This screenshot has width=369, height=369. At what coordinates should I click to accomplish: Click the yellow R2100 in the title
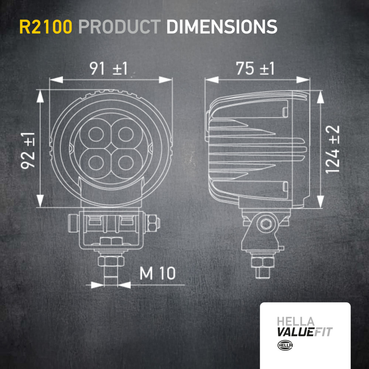click(46, 27)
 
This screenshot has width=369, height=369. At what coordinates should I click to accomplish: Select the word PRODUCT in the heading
click(120, 27)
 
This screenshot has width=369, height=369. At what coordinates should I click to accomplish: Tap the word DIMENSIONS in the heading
click(222, 27)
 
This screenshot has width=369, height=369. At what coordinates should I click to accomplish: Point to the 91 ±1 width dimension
click(108, 69)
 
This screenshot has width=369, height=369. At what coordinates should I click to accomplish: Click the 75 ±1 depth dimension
click(255, 69)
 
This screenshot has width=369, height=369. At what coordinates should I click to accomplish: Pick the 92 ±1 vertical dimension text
click(28, 151)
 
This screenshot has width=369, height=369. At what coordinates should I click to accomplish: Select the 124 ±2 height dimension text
click(332, 149)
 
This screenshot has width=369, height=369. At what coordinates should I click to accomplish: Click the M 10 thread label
click(158, 273)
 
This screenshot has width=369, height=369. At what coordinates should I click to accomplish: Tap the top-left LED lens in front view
click(96, 134)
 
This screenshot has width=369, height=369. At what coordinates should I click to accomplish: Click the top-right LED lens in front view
click(126, 134)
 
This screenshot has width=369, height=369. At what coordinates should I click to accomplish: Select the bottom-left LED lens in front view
click(96, 163)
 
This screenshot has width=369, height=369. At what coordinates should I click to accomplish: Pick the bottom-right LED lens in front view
click(126, 163)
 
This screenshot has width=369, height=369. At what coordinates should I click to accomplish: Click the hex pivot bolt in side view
click(266, 223)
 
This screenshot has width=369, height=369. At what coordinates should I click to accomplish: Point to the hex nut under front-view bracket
click(111, 261)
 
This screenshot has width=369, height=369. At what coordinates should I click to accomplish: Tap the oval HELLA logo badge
click(285, 345)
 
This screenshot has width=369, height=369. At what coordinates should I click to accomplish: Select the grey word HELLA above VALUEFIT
click(296, 322)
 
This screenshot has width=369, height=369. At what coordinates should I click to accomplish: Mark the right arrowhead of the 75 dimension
click(303, 80)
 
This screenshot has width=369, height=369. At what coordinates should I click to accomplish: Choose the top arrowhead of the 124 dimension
click(320, 97)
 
